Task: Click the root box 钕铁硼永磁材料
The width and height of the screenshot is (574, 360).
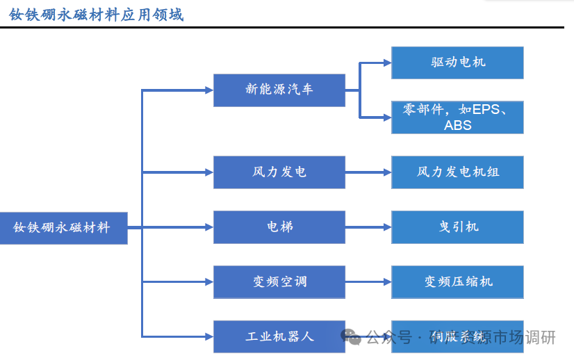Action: click(63, 228)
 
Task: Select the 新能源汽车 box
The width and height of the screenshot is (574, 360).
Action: click(279, 90)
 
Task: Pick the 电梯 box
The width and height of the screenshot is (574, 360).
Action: click(279, 227)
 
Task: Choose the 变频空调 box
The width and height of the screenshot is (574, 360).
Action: click(279, 281)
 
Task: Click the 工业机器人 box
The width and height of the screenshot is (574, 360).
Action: click(279, 336)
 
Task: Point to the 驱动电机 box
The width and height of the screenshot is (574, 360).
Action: click(457, 63)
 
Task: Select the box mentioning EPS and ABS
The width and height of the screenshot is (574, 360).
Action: click(457, 117)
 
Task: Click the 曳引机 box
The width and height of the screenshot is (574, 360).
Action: click(457, 227)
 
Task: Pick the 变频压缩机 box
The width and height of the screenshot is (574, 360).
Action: click(457, 281)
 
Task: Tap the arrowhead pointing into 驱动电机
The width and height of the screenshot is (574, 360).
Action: click(386, 63)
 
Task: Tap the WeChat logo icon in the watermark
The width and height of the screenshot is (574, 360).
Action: click(351, 337)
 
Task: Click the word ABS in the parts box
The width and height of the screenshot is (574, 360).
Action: click(457, 126)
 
